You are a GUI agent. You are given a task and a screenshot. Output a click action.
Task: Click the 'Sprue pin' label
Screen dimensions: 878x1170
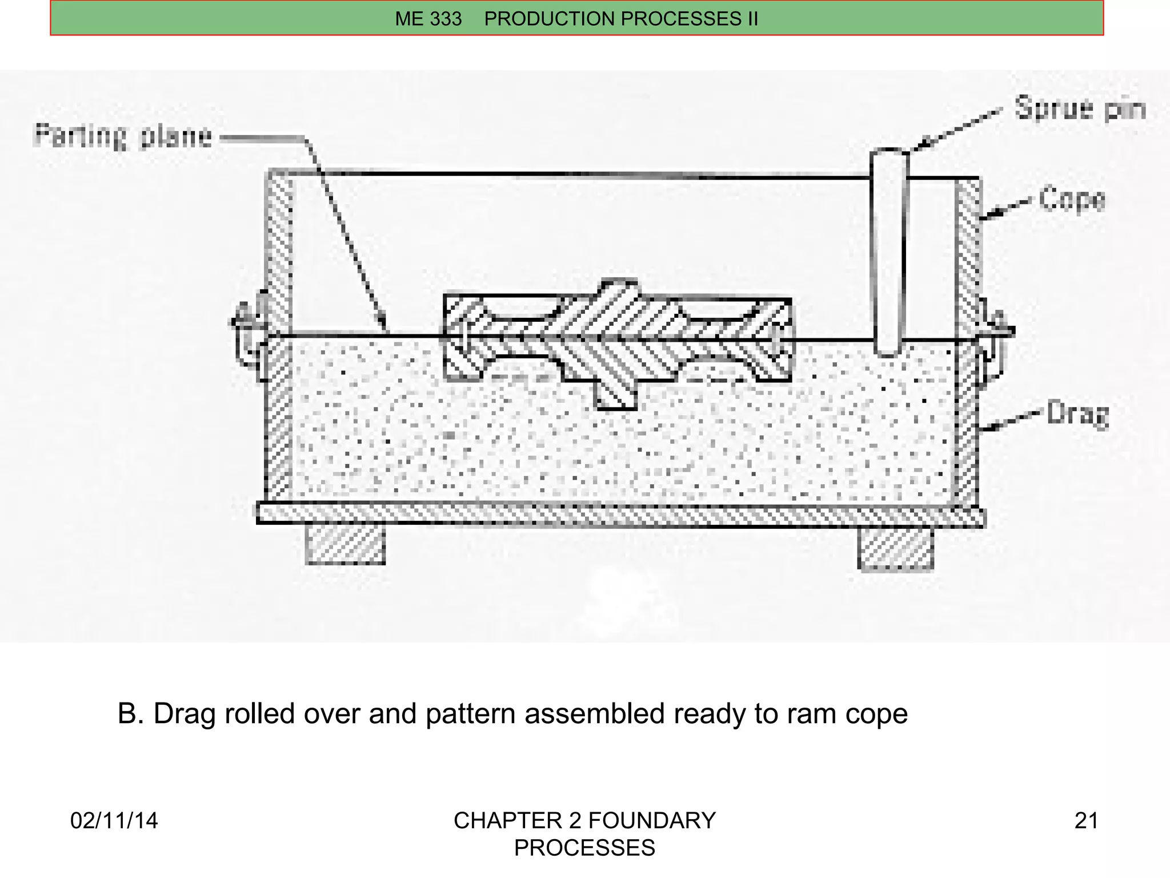1080,109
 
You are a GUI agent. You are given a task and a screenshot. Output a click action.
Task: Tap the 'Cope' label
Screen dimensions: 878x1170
1072,200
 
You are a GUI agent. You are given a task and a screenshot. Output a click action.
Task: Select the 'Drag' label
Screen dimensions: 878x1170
1077,414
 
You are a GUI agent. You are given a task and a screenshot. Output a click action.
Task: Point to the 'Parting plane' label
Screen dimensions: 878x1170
123,137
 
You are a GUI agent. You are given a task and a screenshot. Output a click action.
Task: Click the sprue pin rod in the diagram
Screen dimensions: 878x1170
888,252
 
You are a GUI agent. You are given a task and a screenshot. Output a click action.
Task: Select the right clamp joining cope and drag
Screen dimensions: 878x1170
994,343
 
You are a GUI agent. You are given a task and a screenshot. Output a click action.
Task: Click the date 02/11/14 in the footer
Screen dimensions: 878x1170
114,821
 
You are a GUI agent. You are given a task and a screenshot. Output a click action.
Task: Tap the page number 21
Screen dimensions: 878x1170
1086,821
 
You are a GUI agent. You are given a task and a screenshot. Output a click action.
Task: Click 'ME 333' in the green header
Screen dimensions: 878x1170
428,19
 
